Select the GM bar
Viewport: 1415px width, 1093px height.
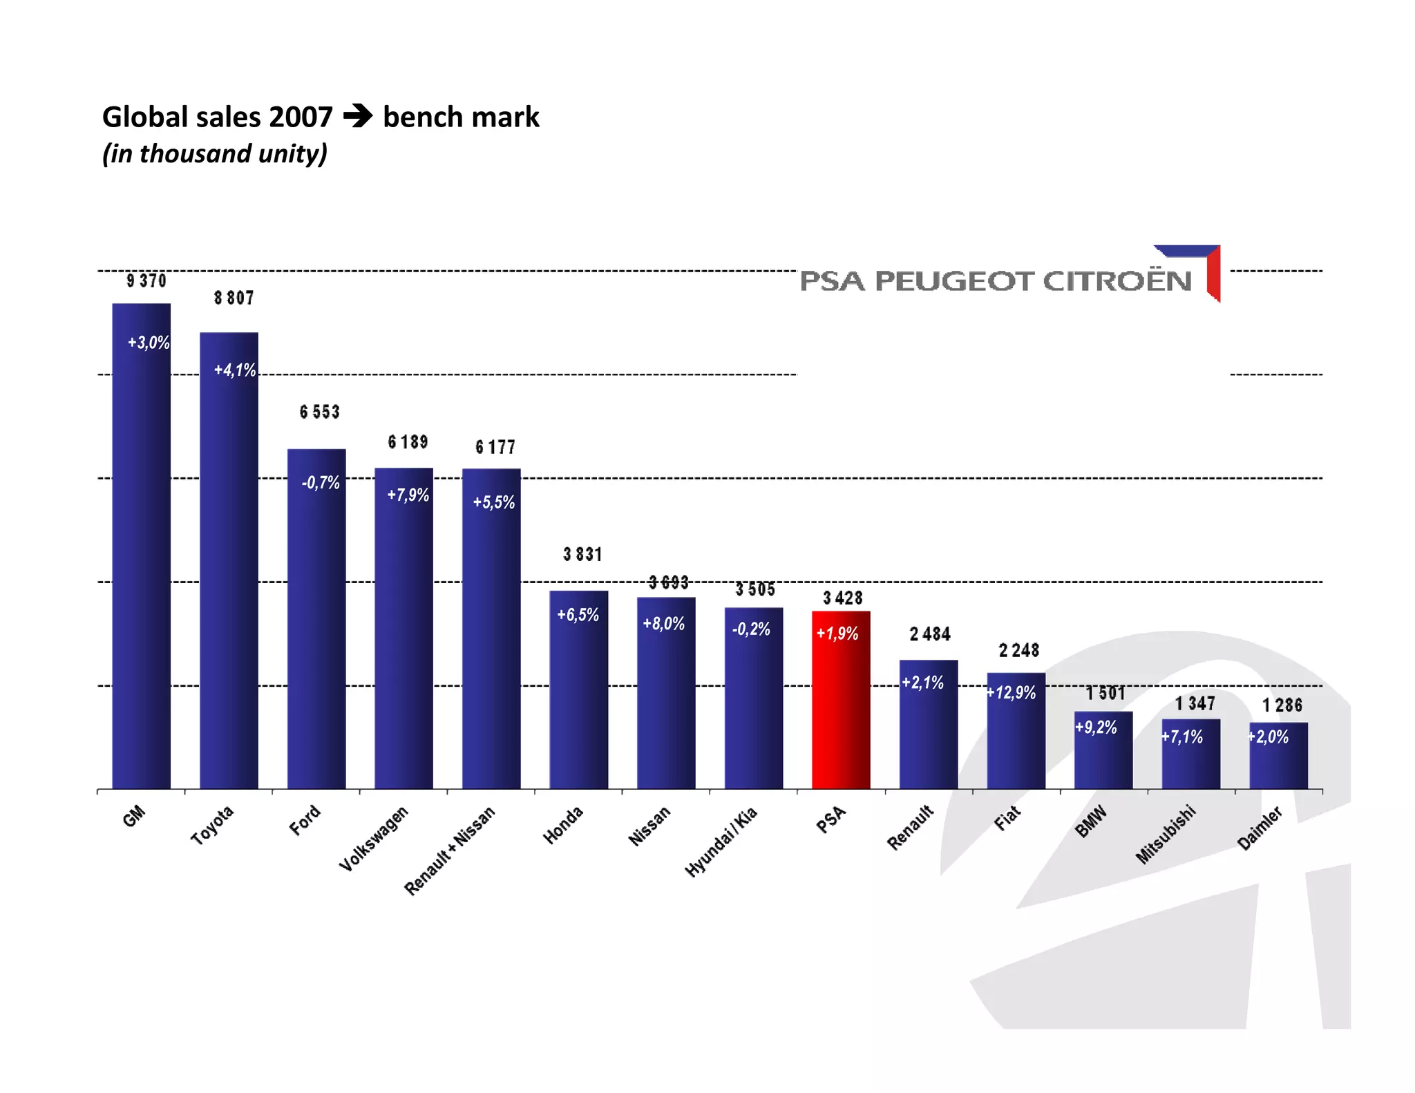[x=141, y=553]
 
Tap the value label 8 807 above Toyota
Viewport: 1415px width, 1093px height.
[x=234, y=298]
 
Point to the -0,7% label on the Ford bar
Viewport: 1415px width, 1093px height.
[x=321, y=482]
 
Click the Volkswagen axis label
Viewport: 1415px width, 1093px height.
[x=374, y=838]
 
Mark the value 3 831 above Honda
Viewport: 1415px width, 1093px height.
[x=582, y=554]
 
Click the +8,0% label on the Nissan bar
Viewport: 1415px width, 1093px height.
[x=663, y=623]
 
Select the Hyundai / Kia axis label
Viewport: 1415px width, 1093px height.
[x=721, y=842]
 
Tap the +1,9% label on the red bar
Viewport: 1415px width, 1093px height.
[x=837, y=633]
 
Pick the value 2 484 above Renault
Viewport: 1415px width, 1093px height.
[x=930, y=634]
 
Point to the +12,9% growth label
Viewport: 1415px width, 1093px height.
[x=1011, y=692]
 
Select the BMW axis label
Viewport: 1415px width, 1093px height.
[x=1091, y=821]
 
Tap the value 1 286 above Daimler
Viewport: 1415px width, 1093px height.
[x=1282, y=705]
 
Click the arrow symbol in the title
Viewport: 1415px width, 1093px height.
[x=357, y=115]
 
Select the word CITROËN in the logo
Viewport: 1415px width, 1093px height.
[x=1117, y=281]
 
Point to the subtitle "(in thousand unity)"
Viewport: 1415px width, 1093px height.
[x=214, y=153]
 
